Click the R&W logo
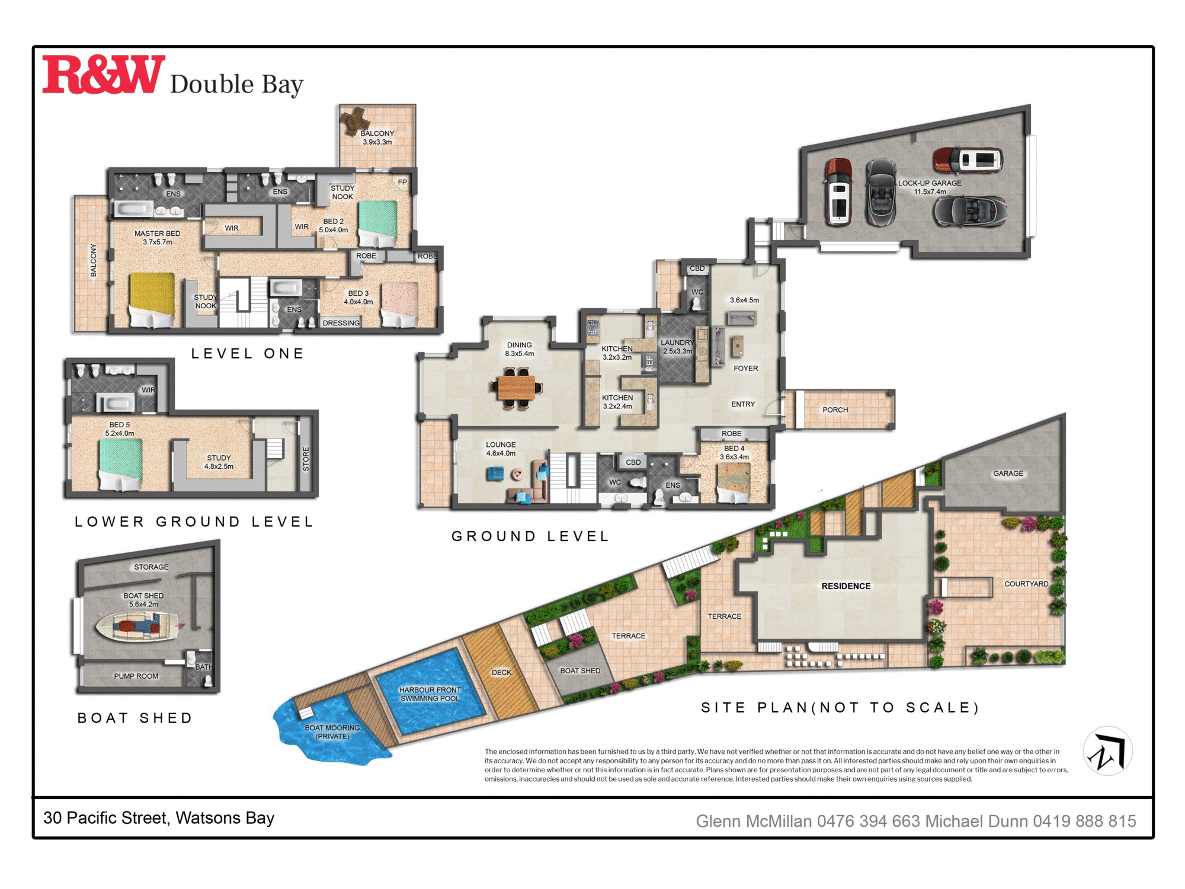(x=103, y=75)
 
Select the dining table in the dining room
(x=516, y=388)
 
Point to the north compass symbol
(x=1107, y=752)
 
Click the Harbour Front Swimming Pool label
(x=430, y=694)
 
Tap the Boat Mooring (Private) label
(x=332, y=732)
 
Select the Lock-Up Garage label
(x=930, y=187)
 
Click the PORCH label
(x=835, y=410)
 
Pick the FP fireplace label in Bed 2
(x=402, y=182)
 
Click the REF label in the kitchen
(x=649, y=363)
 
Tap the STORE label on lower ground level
(x=306, y=459)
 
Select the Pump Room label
(x=136, y=676)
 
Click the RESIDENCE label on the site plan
(x=845, y=586)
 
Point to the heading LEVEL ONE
(x=248, y=354)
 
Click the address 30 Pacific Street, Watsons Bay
(x=159, y=818)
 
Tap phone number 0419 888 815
(x=1084, y=821)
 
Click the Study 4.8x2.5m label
(x=219, y=462)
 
